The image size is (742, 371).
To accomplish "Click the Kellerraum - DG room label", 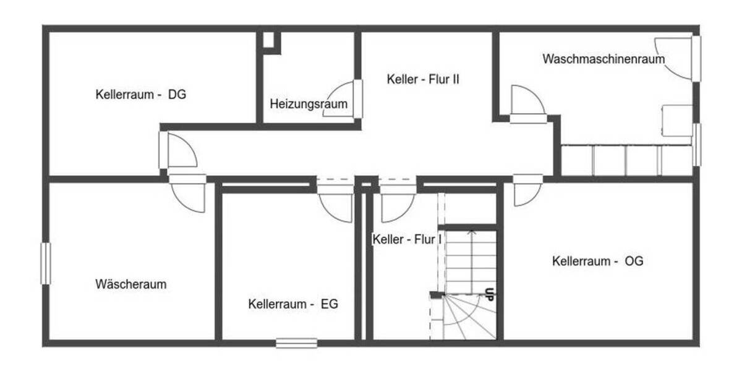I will point(140,95).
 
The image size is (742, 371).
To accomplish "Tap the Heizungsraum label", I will point(308,104).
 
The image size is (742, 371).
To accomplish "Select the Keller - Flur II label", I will point(423,79).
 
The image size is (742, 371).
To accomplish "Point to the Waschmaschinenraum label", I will point(603,59).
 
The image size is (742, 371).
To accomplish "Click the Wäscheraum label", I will point(131,284).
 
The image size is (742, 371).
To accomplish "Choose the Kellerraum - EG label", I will point(293,304).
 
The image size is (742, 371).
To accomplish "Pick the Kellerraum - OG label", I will point(597,261).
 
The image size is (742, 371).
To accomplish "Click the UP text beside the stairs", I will point(489,294).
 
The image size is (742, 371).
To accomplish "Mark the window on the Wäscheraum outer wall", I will point(45,263).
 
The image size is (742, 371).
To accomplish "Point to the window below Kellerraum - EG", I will point(296,343).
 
